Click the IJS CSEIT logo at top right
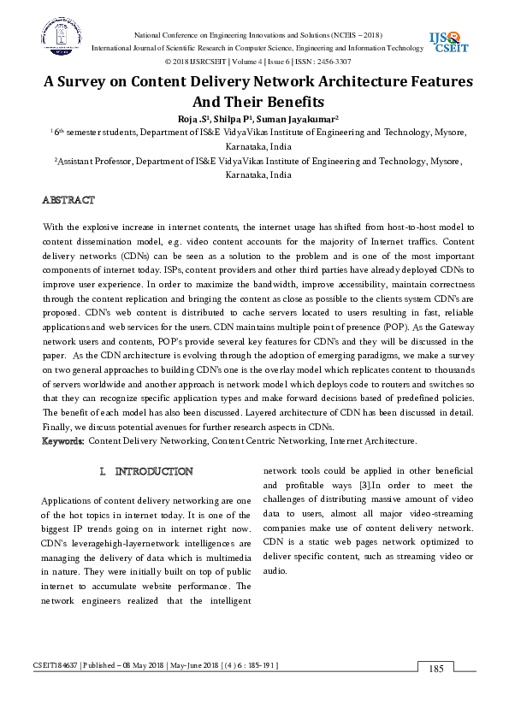(447, 40)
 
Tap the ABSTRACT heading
(69, 200)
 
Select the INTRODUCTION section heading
(153, 472)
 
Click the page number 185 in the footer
(437, 669)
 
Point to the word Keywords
(64, 441)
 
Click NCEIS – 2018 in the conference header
(358, 34)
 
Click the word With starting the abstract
(52, 227)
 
